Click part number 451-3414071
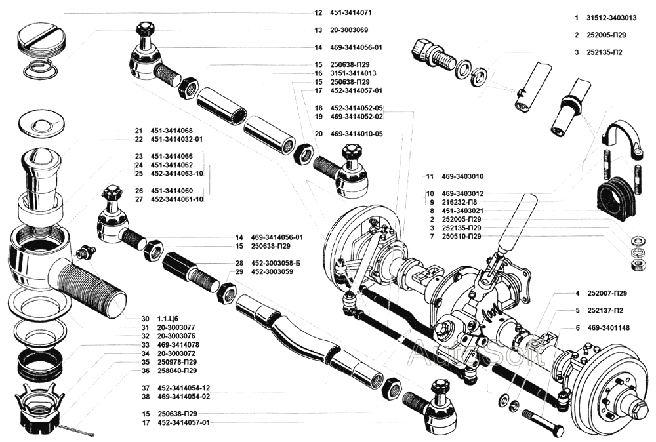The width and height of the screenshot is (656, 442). pyautogui.click(x=352, y=12)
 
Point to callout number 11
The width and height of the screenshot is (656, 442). pyautogui.click(x=430, y=177)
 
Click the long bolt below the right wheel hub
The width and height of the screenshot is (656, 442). pyautogui.click(x=543, y=422)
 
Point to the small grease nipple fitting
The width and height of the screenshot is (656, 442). pyautogui.click(x=85, y=252)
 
